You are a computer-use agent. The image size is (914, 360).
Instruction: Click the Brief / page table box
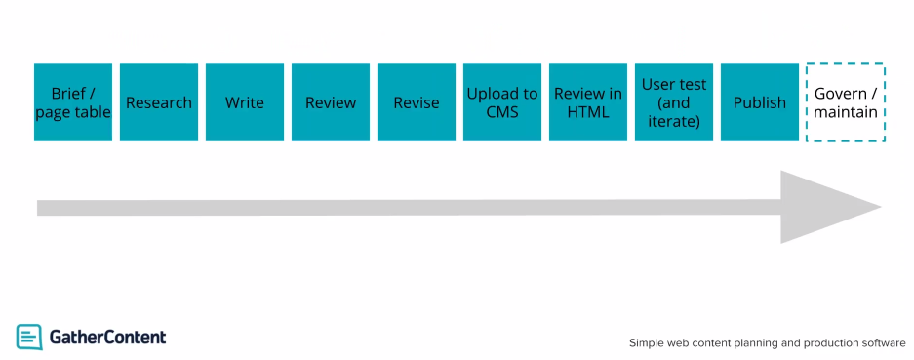coord(73,102)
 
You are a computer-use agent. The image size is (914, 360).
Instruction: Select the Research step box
coord(159,102)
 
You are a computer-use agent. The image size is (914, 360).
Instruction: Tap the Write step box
coord(245,102)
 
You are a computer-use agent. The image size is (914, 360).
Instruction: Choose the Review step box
coord(331,102)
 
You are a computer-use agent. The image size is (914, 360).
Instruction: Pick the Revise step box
coord(417,102)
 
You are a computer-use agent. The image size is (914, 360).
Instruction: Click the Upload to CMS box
coord(502,102)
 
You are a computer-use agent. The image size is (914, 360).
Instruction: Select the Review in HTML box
coord(588,102)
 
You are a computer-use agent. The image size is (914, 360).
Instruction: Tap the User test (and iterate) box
coord(674,102)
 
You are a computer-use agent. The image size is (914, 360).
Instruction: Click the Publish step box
coord(760,102)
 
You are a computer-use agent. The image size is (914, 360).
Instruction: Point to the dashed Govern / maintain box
coord(846,102)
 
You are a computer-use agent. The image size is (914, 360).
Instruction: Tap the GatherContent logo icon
coord(29,337)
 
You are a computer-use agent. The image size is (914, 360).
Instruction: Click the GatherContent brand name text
coord(107,337)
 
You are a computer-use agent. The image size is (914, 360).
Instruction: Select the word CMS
coord(502,112)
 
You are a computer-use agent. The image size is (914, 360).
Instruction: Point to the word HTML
coord(588,112)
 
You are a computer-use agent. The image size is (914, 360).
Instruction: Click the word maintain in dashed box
coord(846,112)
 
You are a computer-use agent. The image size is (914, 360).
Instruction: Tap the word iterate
coord(674,121)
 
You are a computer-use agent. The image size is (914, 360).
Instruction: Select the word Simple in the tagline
coord(649,342)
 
